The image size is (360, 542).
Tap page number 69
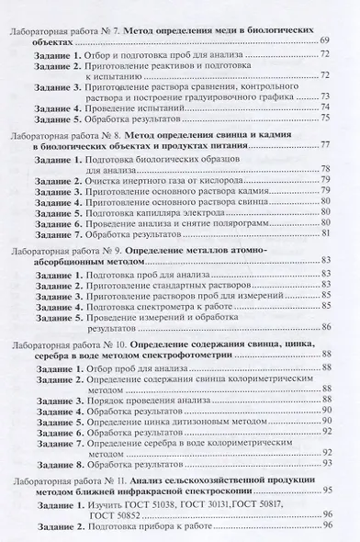point(325,43)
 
